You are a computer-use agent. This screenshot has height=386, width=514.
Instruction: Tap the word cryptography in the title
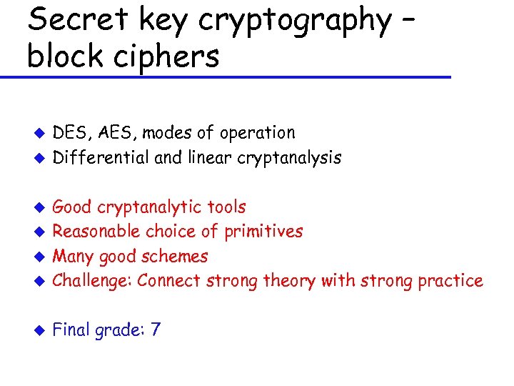294,21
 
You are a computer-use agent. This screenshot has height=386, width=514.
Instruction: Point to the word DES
69,133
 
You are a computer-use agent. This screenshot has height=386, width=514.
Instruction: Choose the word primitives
263,232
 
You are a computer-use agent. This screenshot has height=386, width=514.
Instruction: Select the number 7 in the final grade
156,330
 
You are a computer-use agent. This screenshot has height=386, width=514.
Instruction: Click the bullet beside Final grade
41,331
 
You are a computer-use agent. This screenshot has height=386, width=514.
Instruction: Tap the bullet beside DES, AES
41,134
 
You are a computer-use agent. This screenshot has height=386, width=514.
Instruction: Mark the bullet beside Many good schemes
41,257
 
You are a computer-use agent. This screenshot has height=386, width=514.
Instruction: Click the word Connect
169,281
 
